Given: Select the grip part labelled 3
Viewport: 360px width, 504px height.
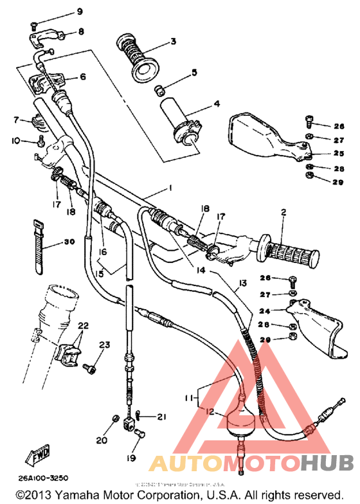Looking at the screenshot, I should coord(136,56).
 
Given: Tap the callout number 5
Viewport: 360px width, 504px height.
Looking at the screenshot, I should coord(194,74).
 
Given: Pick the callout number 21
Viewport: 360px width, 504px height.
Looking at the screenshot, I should coord(161,417).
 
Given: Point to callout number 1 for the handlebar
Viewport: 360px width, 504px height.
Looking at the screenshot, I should coord(170,188).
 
